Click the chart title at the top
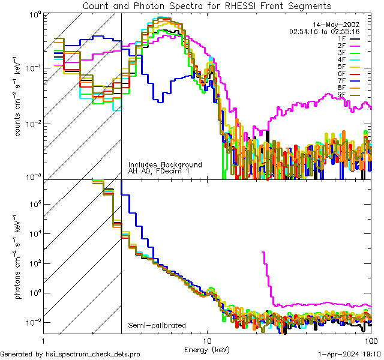click(x=206, y=6)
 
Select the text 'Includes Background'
click(x=165, y=165)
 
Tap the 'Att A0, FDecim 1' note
click(x=160, y=172)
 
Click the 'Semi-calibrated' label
click(x=157, y=326)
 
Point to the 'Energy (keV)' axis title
click(x=207, y=349)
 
